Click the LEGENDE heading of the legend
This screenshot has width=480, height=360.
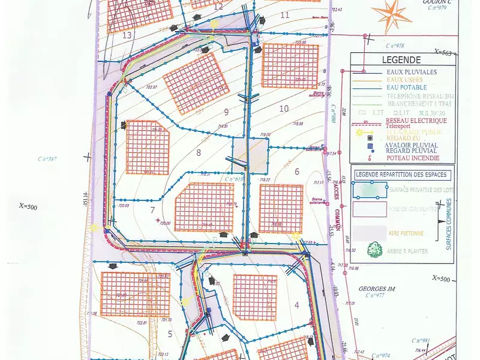[x=401, y=60]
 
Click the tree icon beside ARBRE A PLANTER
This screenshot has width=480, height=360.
[x=376, y=249]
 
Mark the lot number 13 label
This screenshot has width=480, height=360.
[x=127, y=35]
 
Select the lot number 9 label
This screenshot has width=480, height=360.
[x=226, y=112]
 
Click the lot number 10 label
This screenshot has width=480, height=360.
[x=284, y=108]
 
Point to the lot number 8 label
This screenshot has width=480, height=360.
[x=199, y=152]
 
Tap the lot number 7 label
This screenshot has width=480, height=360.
[x=153, y=209]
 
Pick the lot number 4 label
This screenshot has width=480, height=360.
[x=296, y=305]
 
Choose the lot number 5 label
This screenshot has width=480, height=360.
[x=170, y=334]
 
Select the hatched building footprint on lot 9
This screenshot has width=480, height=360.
[x=193, y=83]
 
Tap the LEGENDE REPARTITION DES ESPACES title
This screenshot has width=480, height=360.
[x=401, y=175]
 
